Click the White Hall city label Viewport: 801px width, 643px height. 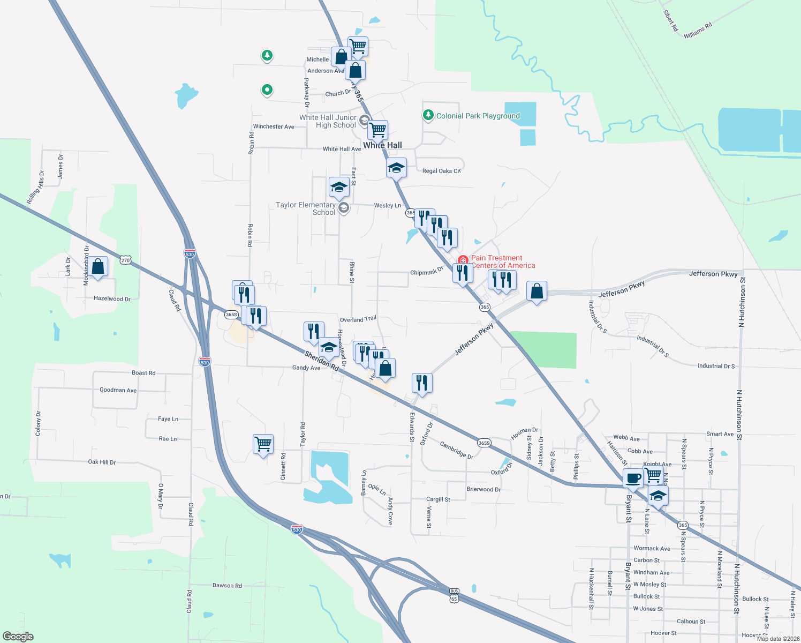[x=382, y=145]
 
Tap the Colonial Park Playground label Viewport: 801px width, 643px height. [x=478, y=116]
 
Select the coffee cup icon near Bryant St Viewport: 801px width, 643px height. [x=633, y=478]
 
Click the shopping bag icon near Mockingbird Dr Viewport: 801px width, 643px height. [x=98, y=266]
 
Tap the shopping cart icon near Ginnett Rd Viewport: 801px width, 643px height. [x=263, y=444]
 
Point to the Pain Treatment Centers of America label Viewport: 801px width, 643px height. [x=502, y=261]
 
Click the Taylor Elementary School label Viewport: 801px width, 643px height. [x=305, y=208]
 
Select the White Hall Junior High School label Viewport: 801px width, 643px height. [x=328, y=121]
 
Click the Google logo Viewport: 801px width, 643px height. [x=18, y=637]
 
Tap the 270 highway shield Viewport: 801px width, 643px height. [x=125, y=260]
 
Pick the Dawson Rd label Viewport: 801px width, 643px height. [x=227, y=586]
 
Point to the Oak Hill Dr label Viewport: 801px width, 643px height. [x=102, y=462]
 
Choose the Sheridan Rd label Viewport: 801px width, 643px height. [x=322, y=361]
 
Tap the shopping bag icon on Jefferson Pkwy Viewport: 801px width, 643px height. [x=536, y=291]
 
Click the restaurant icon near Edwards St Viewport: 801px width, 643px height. [x=422, y=383]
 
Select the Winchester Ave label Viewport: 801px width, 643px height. [x=274, y=126]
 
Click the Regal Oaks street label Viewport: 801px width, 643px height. [x=441, y=171]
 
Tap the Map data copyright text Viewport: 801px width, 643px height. [x=778, y=639]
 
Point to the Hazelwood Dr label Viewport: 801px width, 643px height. [x=112, y=298]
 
